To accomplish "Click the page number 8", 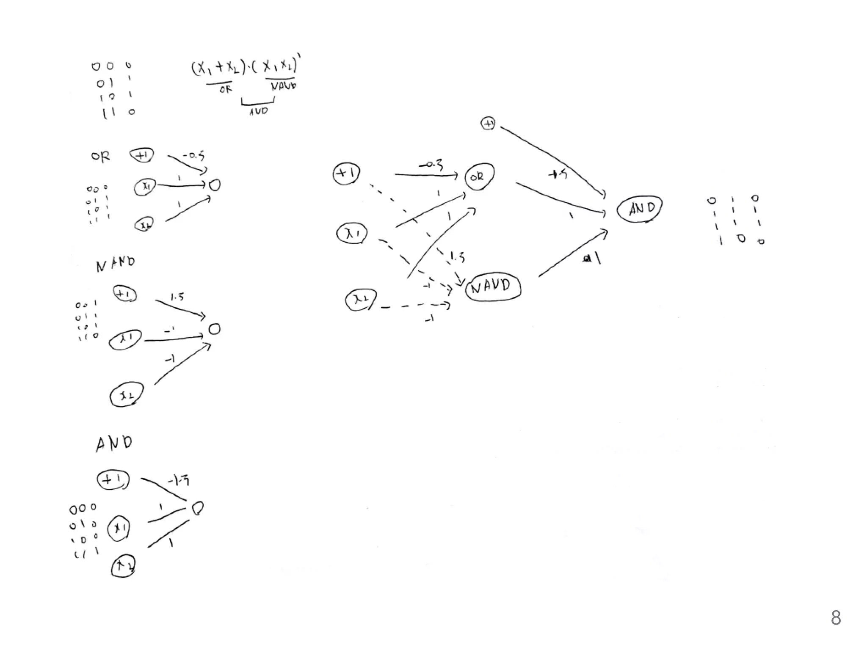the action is tap(836, 618).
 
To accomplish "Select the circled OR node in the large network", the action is tap(479, 176).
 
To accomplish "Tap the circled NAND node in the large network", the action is tap(493, 287).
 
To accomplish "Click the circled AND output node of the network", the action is tap(640, 209).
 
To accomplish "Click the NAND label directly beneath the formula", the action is tap(283, 86).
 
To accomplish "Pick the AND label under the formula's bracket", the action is tap(258, 111).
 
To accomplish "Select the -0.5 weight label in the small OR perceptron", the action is tap(194, 155).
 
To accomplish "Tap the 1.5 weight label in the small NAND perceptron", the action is tap(177, 297).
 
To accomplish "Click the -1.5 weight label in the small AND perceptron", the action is tap(178, 481).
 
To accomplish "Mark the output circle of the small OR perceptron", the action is tap(215, 185).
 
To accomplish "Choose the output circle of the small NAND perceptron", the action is tap(215, 329).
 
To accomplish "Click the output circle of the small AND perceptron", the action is tap(198, 508).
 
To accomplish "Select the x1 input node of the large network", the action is tap(352, 233).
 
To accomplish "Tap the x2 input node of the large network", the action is tap(361, 300).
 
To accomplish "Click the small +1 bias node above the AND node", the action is tap(488, 124).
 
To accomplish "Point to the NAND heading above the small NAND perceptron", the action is tap(115, 264).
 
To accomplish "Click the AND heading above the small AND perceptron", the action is tap(114, 443).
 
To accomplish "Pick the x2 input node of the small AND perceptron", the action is tap(123, 567).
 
